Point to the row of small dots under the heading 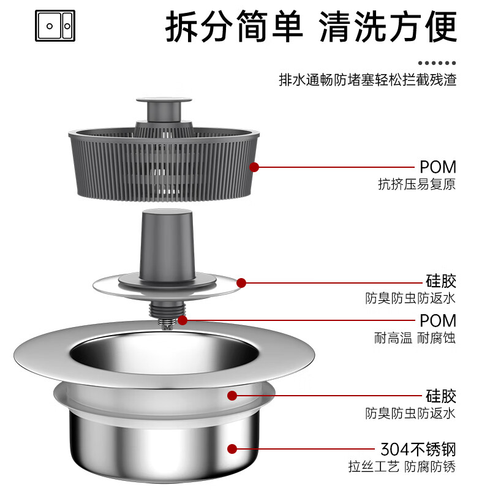(437, 63)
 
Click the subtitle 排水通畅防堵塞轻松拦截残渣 (367, 80)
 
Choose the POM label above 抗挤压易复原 (438, 167)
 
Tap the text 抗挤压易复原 (417, 184)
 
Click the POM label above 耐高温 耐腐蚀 (438, 320)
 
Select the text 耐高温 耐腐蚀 (415, 337)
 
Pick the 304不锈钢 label (419, 449)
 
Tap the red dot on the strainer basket (254, 167)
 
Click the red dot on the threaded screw (183, 320)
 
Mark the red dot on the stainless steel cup (232, 449)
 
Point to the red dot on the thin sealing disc (241, 282)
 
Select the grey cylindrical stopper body (167, 242)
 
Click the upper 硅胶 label (441, 282)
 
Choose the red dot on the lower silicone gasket (232, 395)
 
